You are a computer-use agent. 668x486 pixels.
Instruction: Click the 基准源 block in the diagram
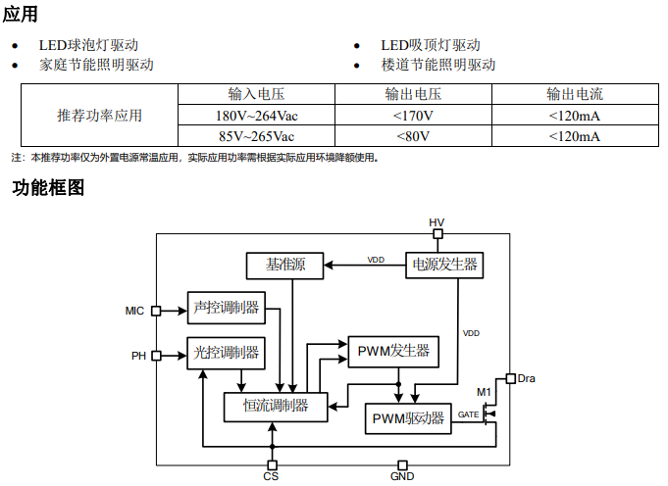[285, 265]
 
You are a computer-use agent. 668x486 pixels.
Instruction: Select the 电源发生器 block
[445, 265]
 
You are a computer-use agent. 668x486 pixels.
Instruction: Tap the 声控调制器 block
[226, 308]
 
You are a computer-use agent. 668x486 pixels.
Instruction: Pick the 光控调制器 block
[226, 353]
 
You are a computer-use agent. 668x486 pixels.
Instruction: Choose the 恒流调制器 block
[276, 406]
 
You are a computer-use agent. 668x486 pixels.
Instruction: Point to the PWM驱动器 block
[409, 418]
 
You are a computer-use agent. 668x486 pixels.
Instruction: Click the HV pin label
[437, 222]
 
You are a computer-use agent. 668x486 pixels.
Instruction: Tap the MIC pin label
[134, 311]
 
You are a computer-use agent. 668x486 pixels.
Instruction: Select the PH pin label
[138, 356]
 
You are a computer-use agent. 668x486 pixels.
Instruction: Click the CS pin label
[272, 477]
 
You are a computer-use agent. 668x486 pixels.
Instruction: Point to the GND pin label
[402, 477]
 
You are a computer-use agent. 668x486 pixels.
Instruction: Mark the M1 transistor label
[484, 392]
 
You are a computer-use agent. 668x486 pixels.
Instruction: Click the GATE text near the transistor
[468, 414]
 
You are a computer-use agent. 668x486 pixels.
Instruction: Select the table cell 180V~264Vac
[256, 116]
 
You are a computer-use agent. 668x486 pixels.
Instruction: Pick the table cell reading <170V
[413, 116]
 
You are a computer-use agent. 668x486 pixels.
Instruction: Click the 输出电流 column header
[575, 94]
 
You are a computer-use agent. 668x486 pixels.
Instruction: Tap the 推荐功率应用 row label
[99, 116]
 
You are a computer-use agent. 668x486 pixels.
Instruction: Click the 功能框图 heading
[48, 188]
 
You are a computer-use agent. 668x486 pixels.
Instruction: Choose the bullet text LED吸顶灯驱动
[431, 45]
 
